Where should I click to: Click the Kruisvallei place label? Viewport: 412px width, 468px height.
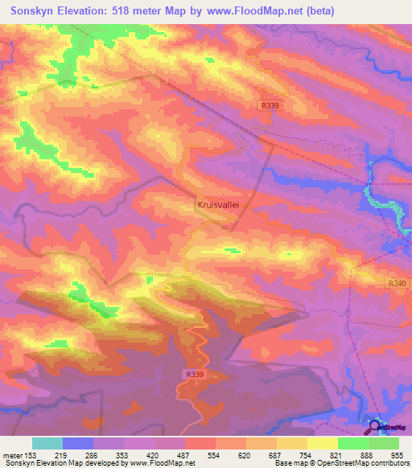pyautogui.click(x=219, y=205)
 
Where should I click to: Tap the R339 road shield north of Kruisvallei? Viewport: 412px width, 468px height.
pyautogui.click(x=270, y=105)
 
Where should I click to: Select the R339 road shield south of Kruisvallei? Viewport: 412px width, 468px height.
pyautogui.click(x=194, y=374)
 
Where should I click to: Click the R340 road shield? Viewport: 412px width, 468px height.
pyautogui.click(x=397, y=283)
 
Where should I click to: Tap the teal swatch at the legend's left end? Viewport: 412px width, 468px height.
pyautogui.click(x=47, y=443)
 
